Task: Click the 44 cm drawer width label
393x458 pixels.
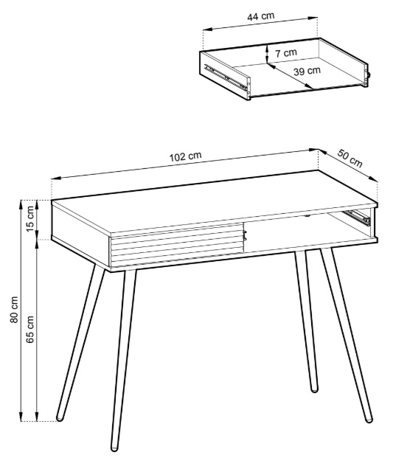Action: (261, 16)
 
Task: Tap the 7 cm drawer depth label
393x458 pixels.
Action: (286, 53)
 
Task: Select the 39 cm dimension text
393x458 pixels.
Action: (307, 71)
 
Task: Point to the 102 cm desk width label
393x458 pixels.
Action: (185, 156)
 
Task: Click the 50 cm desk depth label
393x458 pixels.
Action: (349, 159)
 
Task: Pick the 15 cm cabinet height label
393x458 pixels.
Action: (30, 219)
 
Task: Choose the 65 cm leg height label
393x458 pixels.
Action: (30, 329)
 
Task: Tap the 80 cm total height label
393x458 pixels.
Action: (14, 310)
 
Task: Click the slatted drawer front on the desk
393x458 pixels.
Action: (177, 245)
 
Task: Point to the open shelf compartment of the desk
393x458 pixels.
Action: (310, 231)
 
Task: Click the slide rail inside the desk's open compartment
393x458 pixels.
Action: (357, 218)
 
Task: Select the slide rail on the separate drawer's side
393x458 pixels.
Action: (226, 77)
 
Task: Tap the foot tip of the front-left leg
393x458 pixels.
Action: (114, 448)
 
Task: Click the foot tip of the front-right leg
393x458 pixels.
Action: (369, 420)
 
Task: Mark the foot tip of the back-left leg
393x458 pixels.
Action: (60, 418)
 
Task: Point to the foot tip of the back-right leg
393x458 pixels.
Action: (314, 389)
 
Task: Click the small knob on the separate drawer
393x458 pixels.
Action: (369, 74)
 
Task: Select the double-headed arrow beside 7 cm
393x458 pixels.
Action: (267, 53)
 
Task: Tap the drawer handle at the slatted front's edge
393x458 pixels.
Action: (245, 235)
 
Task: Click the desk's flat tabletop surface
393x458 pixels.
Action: (215, 201)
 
